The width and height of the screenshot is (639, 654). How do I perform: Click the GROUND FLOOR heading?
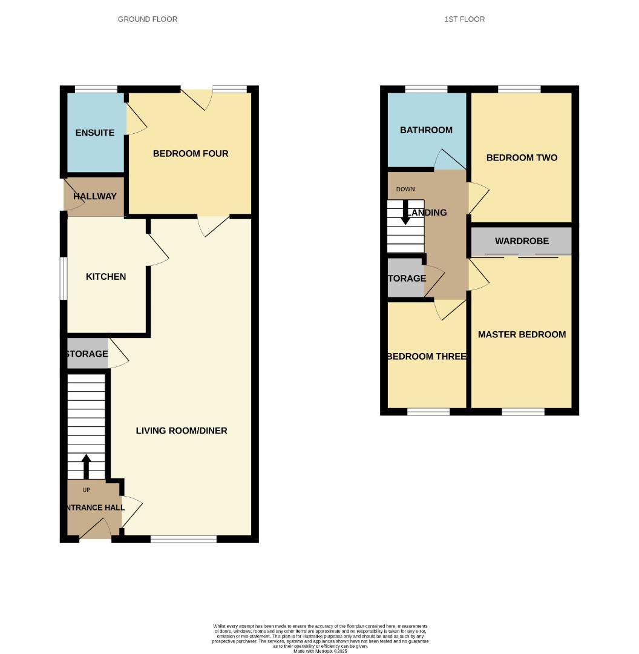click(148, 19)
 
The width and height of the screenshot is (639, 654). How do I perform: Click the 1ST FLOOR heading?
click(464, 19)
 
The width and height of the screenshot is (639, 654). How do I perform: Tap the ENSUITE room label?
click(95, 133)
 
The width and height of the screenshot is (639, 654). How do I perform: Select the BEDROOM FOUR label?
click(191, 154)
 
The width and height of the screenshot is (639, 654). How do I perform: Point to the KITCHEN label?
click(106, 277)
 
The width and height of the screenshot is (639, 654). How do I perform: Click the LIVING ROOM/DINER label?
click(182, 431)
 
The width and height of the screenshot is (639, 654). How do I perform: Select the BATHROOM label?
click(426, 130)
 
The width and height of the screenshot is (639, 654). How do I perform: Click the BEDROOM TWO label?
click(522, 158)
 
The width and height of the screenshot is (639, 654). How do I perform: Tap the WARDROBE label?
click(522, 241)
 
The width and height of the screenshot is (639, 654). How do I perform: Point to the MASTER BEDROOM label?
click(522, 334)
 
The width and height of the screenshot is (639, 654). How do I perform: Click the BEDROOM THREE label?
click(427, 357)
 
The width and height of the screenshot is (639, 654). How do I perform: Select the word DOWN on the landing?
click(405, 190)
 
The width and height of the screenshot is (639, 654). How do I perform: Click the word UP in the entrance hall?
click(86, 490)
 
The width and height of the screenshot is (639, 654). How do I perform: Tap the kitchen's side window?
click(63, 278)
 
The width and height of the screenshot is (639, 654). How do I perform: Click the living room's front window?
click(183, 538)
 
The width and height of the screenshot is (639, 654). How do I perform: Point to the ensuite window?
click(96, 90)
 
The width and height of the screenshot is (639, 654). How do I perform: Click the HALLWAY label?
click(95, 196)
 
